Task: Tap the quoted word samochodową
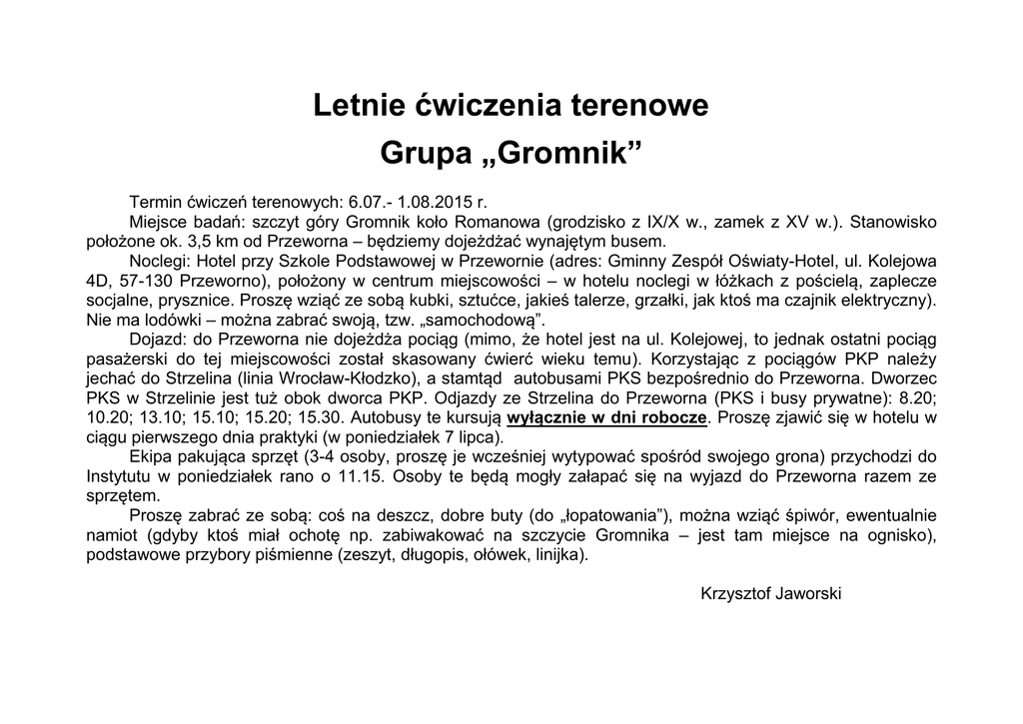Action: point(489,320)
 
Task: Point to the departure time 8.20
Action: point(920,397)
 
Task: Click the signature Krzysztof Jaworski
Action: point(771,593)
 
